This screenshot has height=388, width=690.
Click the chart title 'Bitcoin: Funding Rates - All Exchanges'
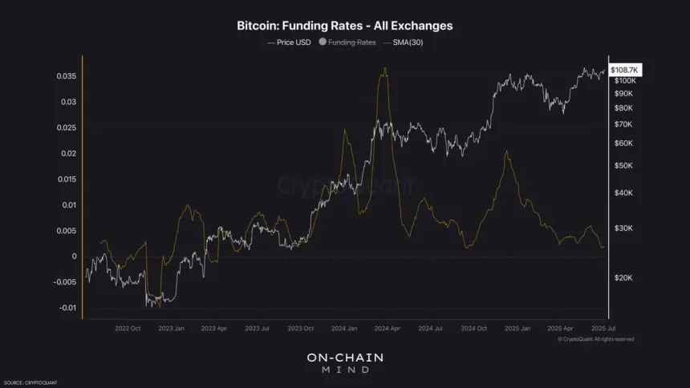[x=344, y=26]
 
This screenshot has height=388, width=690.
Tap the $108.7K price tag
[x=624, y=71]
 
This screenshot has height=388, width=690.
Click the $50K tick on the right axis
[x=623, y=165]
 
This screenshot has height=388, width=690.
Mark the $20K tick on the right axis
[x=623, y=277]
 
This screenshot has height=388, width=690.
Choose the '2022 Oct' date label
[x=128, y=328]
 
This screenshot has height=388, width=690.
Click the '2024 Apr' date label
[x=388, y=328]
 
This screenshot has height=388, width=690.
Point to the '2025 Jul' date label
[x=604, y=328]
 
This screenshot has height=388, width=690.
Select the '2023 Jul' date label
[x=258, y=328]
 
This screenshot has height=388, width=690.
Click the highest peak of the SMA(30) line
[x=386, y=68]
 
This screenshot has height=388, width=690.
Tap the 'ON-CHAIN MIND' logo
[x=345, y=362]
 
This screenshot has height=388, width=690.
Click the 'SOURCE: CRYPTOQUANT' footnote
[x=30, y=382]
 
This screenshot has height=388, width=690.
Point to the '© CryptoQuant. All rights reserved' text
[x=595, y=339]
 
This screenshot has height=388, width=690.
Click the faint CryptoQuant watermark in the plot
[x=345, y=186]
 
